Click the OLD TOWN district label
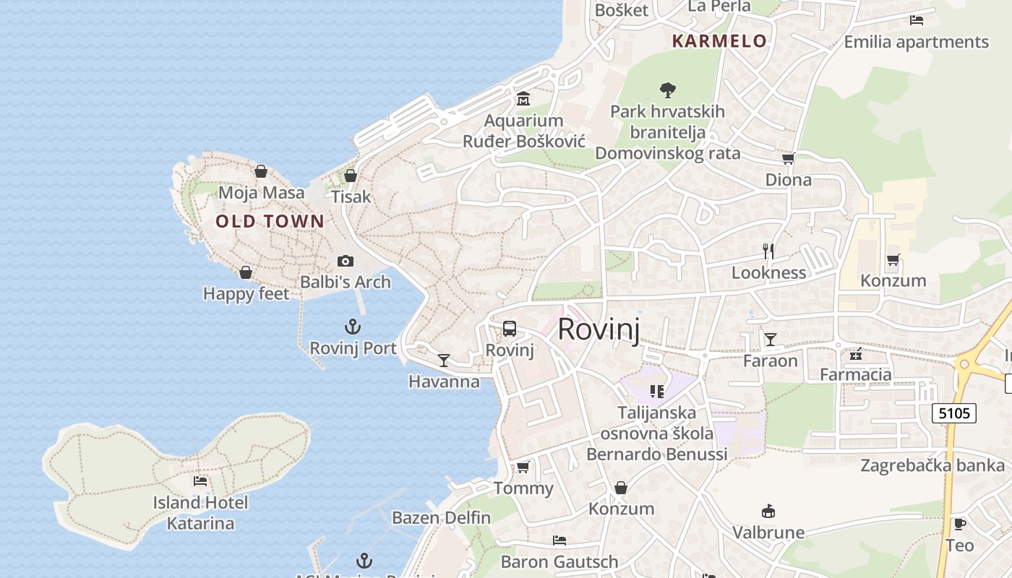click(x=270, y=222)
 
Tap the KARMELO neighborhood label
click(x=719, y=41)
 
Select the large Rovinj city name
click(x=599, y=329)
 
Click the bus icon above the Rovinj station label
click(x=510, y=329)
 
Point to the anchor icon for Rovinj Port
click(x=353, y=327)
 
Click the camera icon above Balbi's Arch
click(x=346, y=261)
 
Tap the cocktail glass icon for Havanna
click(x=444, y=360)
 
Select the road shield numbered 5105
click(x=953, y=413)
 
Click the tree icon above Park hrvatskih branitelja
click(x=668, y=90)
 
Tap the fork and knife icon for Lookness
click(x=768, y=251)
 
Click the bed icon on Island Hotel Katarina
click(x=200, y=480)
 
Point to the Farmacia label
click(x=855, y=374)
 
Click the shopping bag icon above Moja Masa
click(x=261, y=171)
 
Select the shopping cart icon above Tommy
click(x=523, y=467)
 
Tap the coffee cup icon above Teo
click(x=959, y=524)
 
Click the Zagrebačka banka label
click(x=932, y=465)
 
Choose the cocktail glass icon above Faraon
click(x=771, y=339)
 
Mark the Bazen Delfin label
click(x=441, y=517)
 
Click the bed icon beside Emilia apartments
click(x=917, y=20)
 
